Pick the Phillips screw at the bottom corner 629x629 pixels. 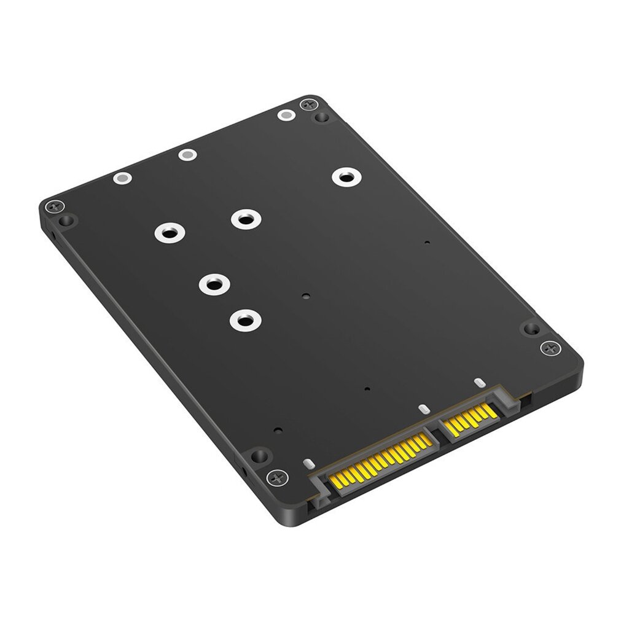tap(276, 477)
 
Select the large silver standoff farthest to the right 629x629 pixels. tap(345, 178)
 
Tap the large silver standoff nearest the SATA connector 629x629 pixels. tap(244, 319)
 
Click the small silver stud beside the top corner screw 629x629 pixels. tap(285, 114)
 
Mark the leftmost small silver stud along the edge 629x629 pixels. tap(122, 179)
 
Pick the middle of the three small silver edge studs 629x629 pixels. tap(187, 154)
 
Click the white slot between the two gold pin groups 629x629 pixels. tap(422, 408)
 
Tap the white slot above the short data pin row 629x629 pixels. tap(479, 384)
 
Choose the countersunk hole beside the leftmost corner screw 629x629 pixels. tap(67, 219)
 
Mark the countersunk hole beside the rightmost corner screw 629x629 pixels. tap(529, 329)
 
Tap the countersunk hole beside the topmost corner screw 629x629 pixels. tap(319, 117)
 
